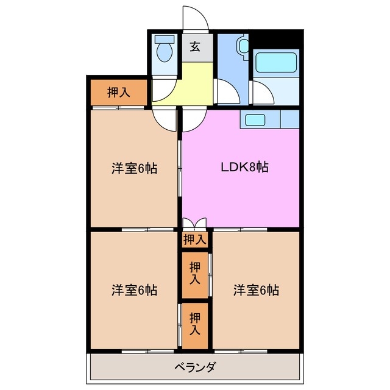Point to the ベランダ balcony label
click(x=195, y=367)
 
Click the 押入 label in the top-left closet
click(x=119, y=93)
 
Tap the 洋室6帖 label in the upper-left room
click(x=134, y=168)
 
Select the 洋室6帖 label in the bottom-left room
click(x=134, y=290)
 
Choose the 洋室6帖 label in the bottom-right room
click(x=256, y=290)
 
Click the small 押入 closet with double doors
click(x=195, y=239)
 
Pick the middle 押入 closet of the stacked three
click(x=195, y=274)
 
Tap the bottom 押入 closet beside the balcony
click(x=195, y=325)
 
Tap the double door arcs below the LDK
click(x=195, y=224)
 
